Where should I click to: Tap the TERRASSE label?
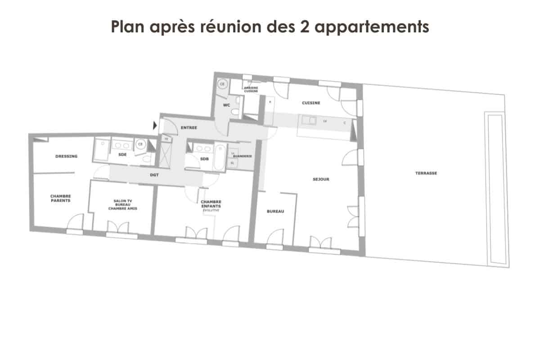[427, 173]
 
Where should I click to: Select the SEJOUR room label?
[321, 179]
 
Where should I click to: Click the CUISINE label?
[311, 103]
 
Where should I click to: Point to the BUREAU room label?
[275, 211]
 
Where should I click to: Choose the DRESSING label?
[67, 157]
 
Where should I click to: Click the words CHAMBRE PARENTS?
[60, 198]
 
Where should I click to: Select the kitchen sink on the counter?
[310, 120]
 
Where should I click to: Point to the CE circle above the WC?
[222, 84]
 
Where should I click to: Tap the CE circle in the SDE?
[140, 144]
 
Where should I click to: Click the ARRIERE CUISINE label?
[251, 90]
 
